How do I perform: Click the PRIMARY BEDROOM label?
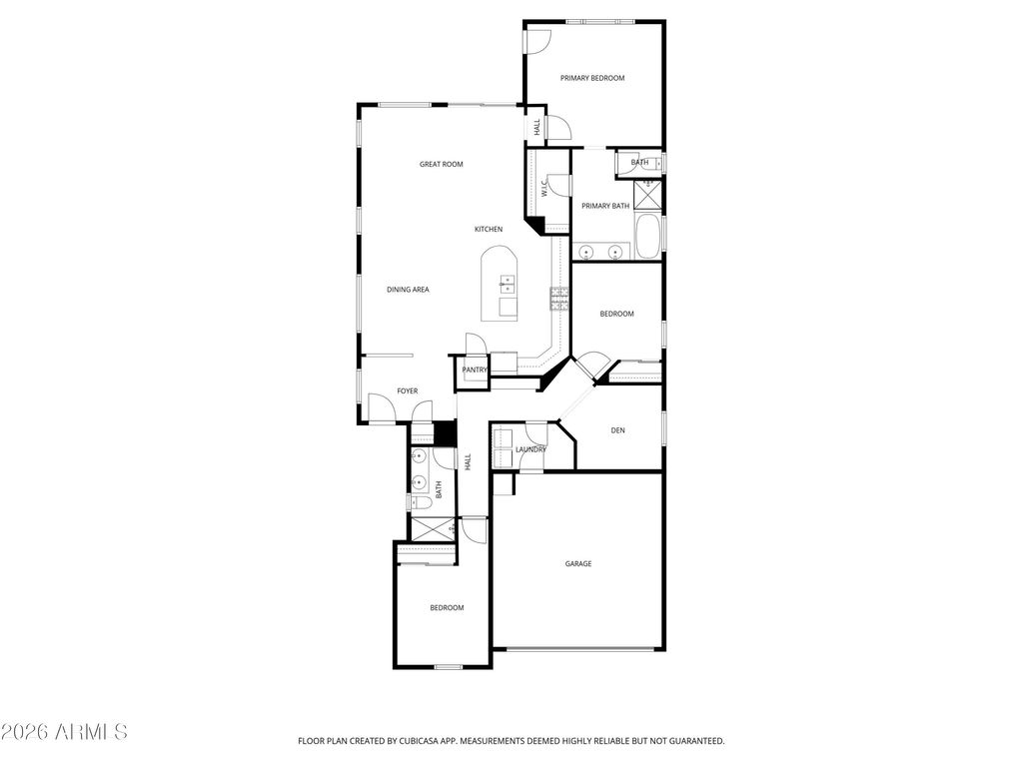point(592,78)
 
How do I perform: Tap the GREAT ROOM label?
point(441,164)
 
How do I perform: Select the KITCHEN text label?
point(489,230)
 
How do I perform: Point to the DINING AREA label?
point(408,290)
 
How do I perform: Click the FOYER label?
point(407,390)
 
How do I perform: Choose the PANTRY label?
point(475,370)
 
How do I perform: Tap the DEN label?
point(617,430)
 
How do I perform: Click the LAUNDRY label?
point(530,449)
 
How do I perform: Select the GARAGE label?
point(578,564)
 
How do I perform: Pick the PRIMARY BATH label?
point(605,206)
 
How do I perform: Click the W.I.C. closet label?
point(544,188)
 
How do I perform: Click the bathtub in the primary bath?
point(648,237)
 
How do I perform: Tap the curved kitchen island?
point(501,285)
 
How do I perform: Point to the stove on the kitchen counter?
point(559,297)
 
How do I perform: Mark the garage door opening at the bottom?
point(578,650)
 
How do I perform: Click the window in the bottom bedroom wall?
point(448,666)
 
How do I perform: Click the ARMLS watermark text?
point(64,732)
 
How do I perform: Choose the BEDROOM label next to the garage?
point(447,607)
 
